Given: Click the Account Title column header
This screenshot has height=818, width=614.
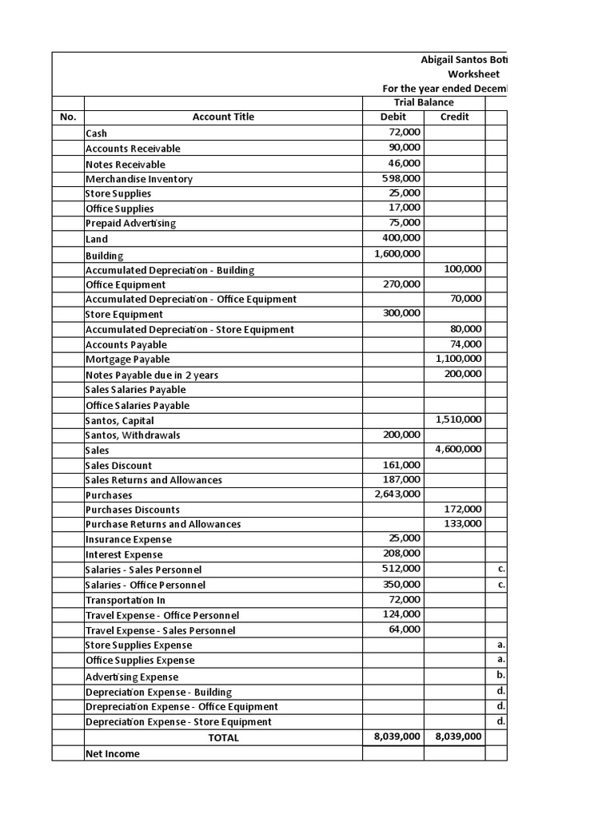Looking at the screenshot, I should coord(223,117).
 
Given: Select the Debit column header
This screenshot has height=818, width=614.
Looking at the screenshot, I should coord(393,117).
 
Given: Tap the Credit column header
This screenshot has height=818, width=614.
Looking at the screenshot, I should coord(455,117).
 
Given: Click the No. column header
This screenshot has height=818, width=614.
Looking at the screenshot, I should coord(68,117).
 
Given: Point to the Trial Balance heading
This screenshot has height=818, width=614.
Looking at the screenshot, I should coord(424,102).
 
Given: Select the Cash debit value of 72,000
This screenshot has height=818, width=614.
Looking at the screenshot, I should coord(405,133).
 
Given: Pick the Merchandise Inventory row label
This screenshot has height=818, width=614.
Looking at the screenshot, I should coord(139,179).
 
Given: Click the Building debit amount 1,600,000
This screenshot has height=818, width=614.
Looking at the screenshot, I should coord(397,253).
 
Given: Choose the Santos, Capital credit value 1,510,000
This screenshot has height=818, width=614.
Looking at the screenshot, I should coord(459,419).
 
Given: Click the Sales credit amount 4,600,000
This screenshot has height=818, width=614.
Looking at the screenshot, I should coord(459,449).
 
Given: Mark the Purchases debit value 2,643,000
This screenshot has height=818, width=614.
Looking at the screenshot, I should coord(397,494).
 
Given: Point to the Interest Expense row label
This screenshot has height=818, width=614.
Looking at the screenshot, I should coord(124,554).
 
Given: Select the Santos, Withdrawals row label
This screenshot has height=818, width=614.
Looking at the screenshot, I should coord(133,435).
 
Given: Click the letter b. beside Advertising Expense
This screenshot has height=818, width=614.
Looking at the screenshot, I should coord(500,675).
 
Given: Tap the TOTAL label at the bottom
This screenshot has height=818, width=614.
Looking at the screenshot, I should coord(223,738).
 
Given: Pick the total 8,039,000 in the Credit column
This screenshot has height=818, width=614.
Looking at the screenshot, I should coord(459,737).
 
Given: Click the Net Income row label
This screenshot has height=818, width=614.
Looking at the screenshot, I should coord(112,753).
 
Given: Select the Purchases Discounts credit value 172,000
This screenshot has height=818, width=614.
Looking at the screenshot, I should coord(463,509).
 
